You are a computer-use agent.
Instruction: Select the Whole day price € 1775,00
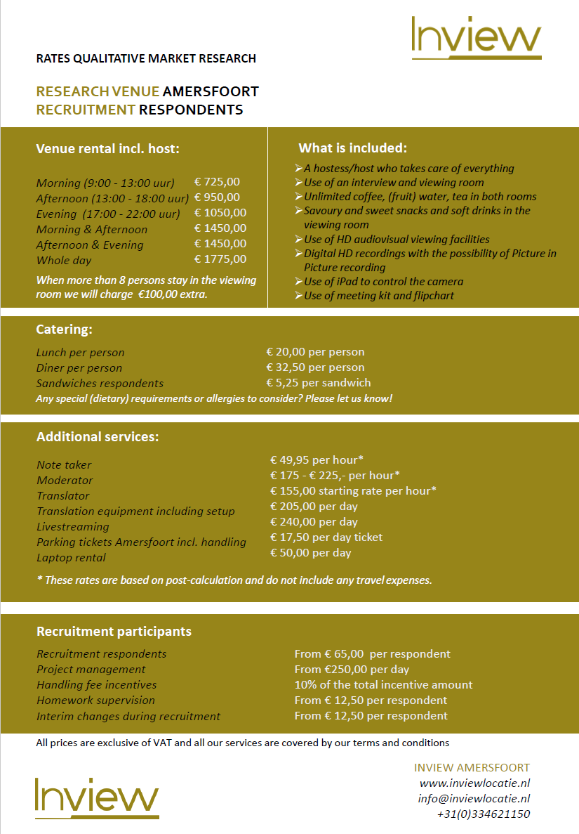(220, 259)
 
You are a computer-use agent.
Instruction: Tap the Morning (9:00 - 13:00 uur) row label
(105, 183)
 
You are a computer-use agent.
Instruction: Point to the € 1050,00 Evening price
(220, 213)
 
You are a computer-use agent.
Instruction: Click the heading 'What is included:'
(352, 148)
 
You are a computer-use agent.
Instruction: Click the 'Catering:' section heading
(65, 329)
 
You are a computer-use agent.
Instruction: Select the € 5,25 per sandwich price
(319, 383)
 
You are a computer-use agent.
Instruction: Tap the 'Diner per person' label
(79, 367)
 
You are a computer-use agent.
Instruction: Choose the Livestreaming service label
(73, 526)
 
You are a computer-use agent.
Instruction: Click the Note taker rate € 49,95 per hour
(317, 460)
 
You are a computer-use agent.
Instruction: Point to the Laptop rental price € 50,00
(310, 552)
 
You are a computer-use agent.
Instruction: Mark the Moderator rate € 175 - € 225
(335, 475)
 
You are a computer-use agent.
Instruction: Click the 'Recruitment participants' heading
(114, 632)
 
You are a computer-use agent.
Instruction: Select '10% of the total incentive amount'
(383, 684)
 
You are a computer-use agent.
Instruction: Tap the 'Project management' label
(91, 669)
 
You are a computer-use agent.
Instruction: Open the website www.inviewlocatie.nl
(474, 783)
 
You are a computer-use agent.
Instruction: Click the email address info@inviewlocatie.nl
(474, 798)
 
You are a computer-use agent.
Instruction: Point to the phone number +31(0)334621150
(483, 814)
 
